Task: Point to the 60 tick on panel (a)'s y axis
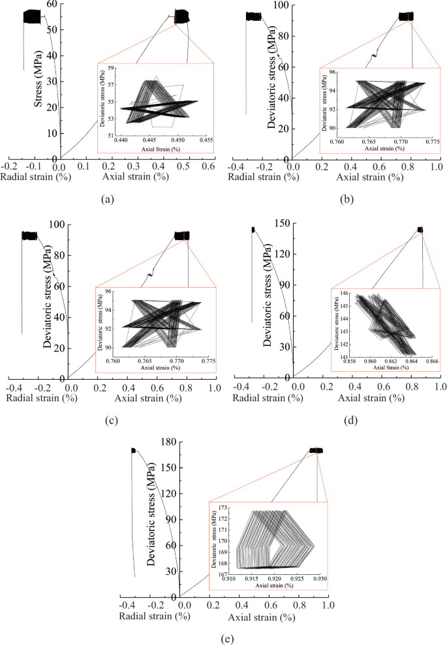click(x=52, y=5)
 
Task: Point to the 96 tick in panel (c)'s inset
click(x=108, y=292)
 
